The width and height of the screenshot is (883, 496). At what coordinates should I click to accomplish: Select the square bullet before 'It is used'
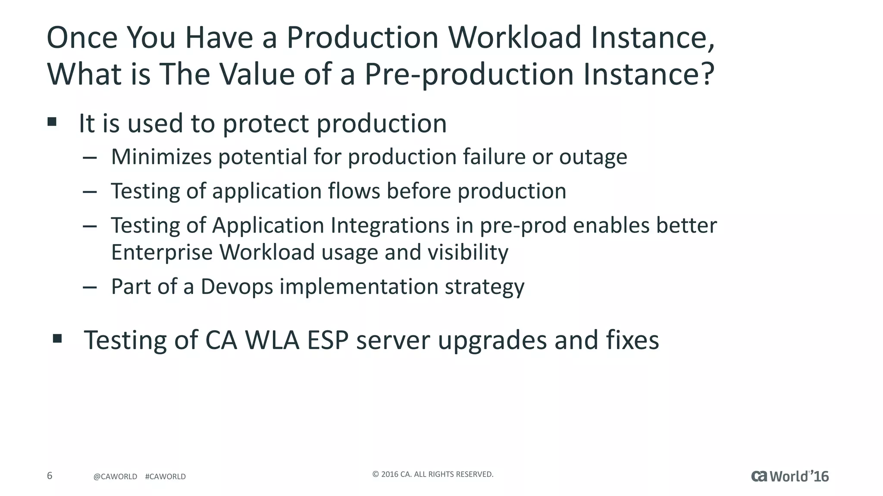pos(52,122)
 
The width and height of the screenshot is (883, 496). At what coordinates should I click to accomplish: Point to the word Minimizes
pos(161,157)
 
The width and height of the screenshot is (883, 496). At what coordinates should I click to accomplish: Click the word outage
pos(593,157)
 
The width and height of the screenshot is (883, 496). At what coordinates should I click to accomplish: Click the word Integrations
pos(390,225)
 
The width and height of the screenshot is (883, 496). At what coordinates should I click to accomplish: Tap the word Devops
pos(237,287)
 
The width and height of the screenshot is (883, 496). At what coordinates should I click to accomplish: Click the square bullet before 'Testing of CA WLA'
pos(57,339)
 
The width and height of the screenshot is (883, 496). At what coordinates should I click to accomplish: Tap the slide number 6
pos(50,476)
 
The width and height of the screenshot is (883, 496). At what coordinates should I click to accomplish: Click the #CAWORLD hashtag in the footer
pos(166,477)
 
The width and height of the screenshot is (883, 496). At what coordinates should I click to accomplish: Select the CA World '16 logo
pos(790,476)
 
